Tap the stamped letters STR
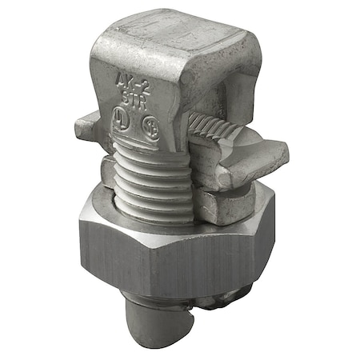tap(134, 98)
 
